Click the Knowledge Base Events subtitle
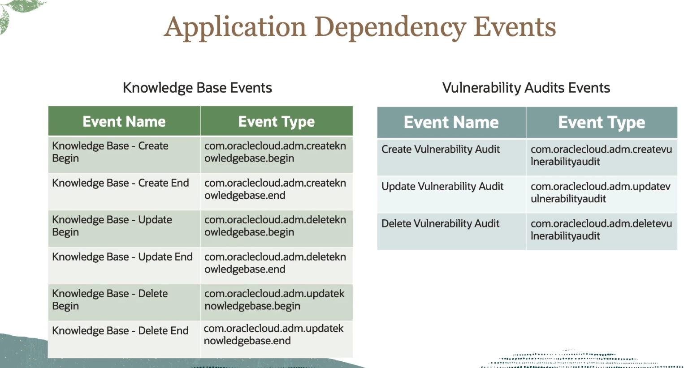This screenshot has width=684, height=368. (197, 88)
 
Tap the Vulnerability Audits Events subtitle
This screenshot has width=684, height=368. (526, 88)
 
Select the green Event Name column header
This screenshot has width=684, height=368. (124, 121)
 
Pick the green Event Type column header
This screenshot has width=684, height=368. (276, 121)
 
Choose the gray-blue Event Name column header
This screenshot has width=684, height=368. (451, 122)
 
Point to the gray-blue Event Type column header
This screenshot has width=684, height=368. (602, 122)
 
